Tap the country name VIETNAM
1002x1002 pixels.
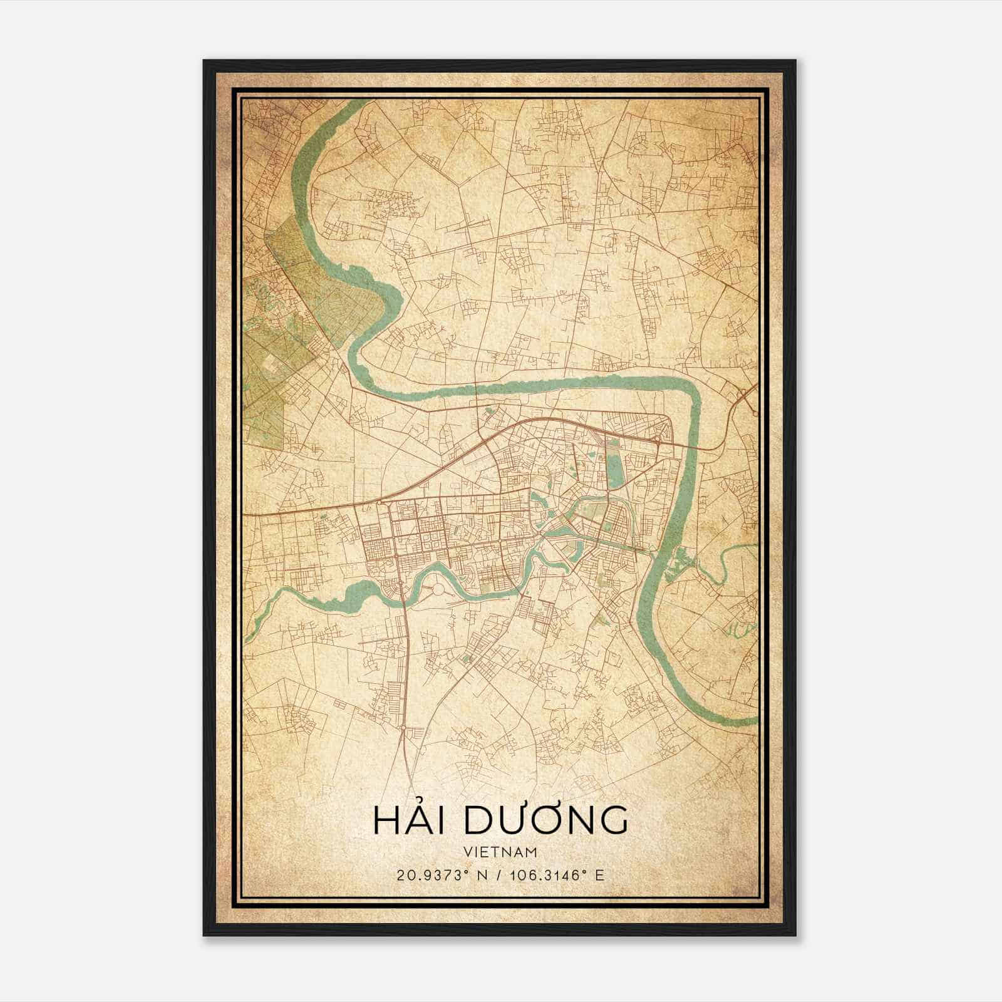click(500, 852)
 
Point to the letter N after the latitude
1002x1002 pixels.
click(482, 875)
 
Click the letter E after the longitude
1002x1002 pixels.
click(599, 875)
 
